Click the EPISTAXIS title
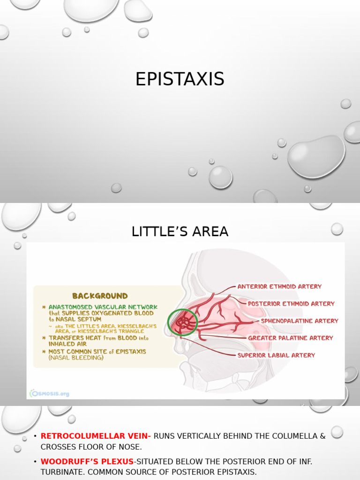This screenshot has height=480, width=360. coord(180,79)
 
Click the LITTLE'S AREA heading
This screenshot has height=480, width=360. coord(180,232)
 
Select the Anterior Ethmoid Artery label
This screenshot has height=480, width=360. coord(279,286)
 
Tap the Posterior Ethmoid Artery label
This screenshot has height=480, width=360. coord(291,304)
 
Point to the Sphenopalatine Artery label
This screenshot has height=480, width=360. coord(299,321)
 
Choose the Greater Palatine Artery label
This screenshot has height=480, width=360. coord(290,338)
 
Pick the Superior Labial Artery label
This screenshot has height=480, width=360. coord(276,355)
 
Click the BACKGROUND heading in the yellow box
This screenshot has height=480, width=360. coord(99,296)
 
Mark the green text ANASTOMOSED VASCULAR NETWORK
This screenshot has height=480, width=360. coord(103,307)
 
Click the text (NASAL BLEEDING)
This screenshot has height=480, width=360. coord(76,358)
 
